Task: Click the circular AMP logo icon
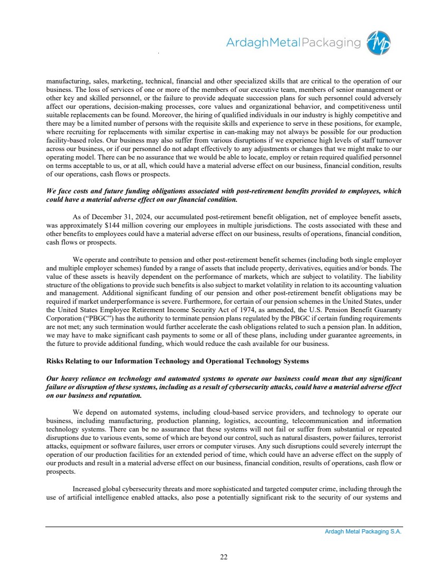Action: [380, 42]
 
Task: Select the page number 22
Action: [224, 556]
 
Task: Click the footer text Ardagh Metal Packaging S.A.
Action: [363, 532]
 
